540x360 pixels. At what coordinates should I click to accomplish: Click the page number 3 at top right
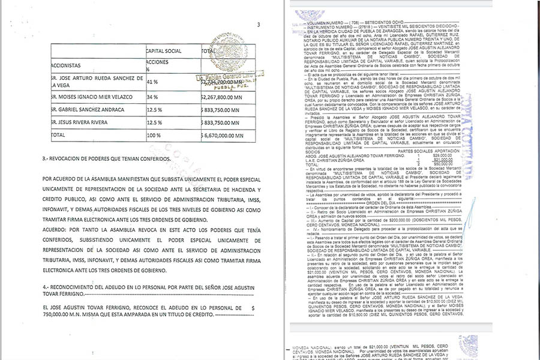(258, 25)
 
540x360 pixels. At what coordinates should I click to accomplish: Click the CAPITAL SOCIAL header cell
(164, 52)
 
